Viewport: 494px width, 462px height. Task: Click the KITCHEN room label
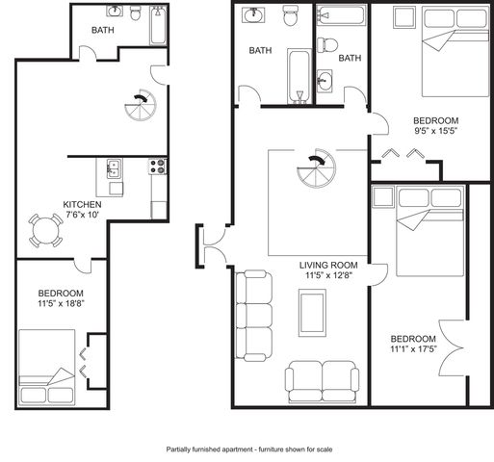pos(82,204)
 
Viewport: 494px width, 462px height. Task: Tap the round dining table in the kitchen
pos(46,231)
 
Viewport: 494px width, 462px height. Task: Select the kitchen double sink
pos(114,168)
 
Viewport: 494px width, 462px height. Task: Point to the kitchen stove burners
pos(158,167)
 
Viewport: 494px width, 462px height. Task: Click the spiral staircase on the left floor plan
pos(141,105)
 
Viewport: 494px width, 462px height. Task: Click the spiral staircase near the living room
pos(316,168)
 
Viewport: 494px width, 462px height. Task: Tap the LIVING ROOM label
pos(328,266)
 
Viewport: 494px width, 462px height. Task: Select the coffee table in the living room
pos(312,313)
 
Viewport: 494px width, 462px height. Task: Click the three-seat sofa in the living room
pos(254,316)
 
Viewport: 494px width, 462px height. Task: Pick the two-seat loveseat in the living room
pos(322,381)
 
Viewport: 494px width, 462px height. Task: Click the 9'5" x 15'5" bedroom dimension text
pos(435,131)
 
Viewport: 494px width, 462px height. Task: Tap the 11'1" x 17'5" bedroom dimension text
pos(414,349)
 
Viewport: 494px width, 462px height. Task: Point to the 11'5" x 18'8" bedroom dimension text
pos(61,303)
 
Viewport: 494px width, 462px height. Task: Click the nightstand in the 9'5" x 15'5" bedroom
pos(404,17)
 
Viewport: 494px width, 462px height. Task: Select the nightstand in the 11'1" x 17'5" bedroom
pos(383,196)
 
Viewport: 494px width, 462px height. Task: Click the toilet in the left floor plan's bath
pos(136,13)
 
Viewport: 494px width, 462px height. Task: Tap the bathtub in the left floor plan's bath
pos(158,26)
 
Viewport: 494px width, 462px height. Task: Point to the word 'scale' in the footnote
pos(325,449)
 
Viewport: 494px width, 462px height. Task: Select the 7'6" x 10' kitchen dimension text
pos(82,215)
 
